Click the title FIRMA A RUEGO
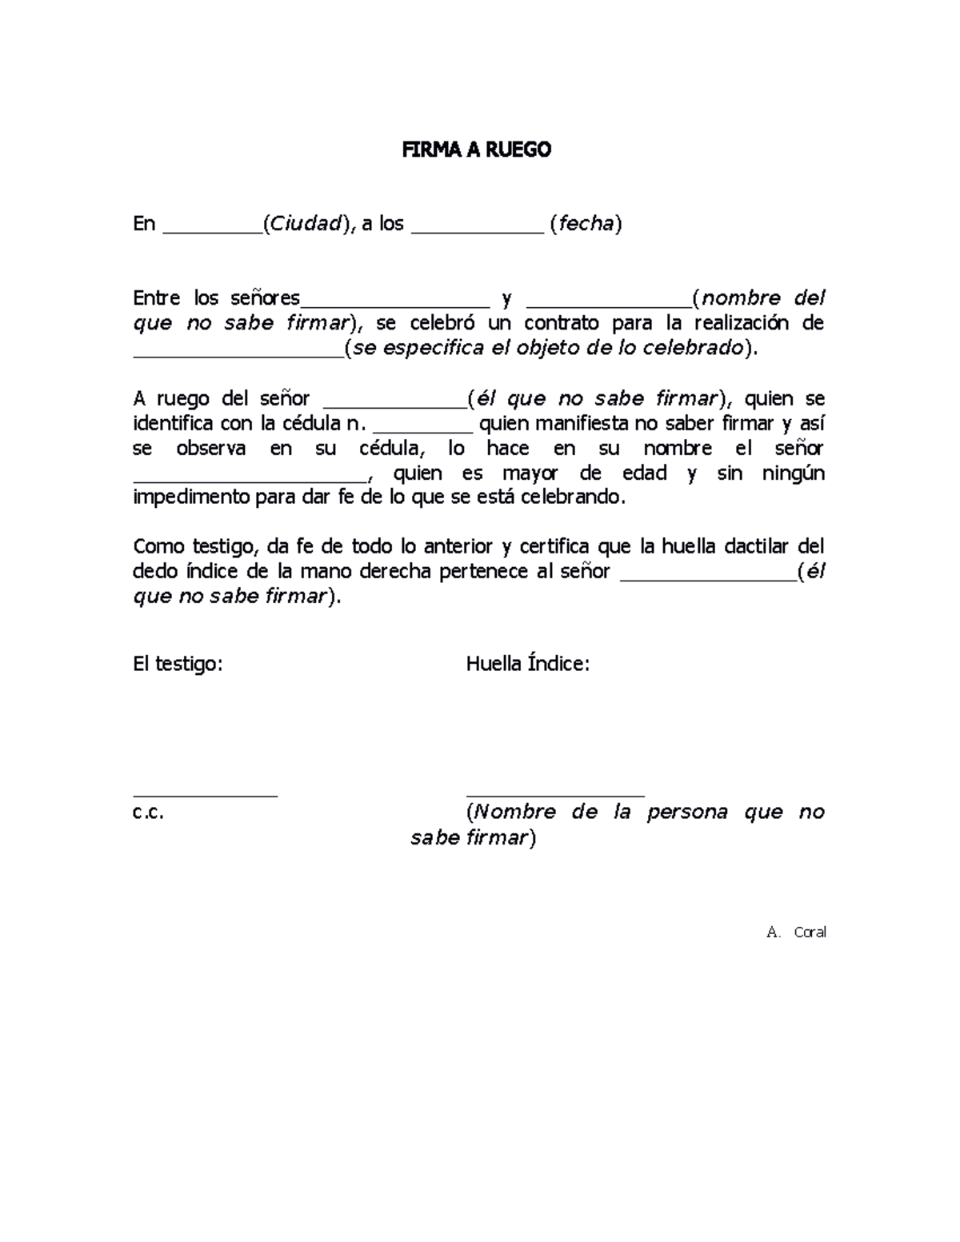476,150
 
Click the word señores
265,298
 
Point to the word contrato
561,323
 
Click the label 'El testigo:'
178,664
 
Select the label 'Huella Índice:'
528,664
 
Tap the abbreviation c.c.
148,813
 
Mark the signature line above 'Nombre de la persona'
554,795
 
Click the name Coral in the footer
810,932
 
